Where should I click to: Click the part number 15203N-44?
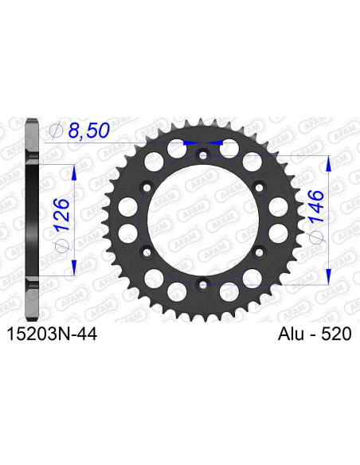[53, 338]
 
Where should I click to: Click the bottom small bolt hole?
[202, 283]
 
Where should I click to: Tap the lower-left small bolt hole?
[147, 252]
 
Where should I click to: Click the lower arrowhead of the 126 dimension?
[74, 268]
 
